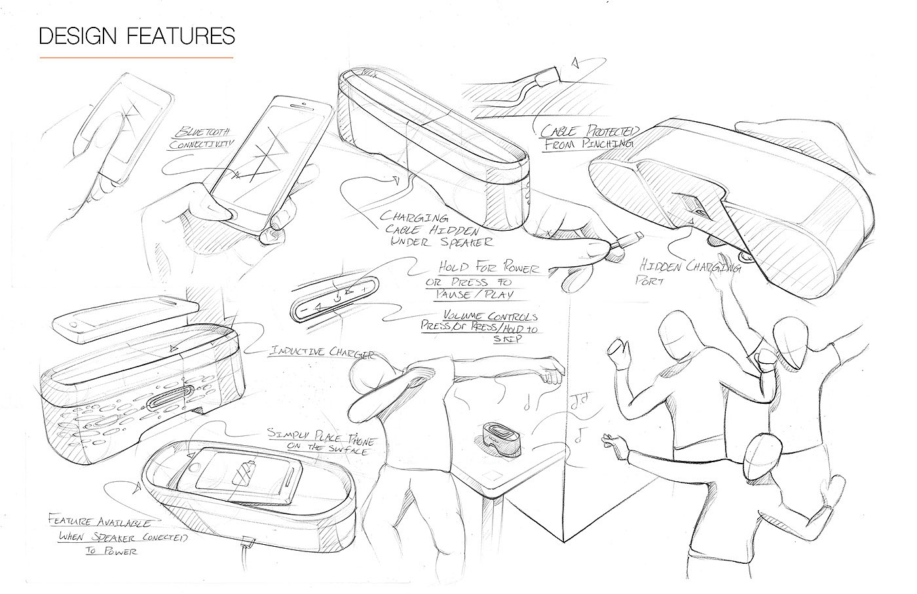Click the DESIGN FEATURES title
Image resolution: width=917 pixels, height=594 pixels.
click(137, 35)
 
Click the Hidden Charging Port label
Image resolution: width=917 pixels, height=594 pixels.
click(687, 273)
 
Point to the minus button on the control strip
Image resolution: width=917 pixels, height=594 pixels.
click(304, 309)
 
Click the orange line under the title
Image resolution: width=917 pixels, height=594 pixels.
click(136, 58)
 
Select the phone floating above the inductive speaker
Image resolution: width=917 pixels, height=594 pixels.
click(124, 319)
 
